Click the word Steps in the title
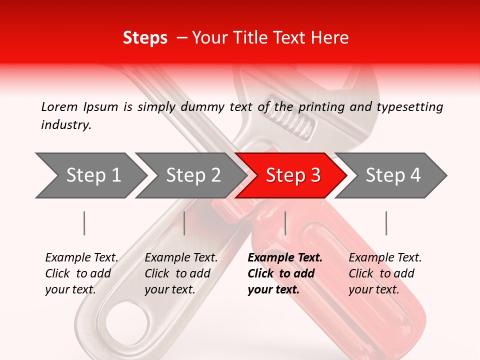point(145,38)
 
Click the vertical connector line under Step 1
point(84,223)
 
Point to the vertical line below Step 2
point(184,223)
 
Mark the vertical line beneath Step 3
point(285,223)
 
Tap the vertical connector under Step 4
point(386,223)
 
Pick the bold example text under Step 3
point(284,273)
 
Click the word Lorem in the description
point(59,106)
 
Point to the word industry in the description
point(66,125)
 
